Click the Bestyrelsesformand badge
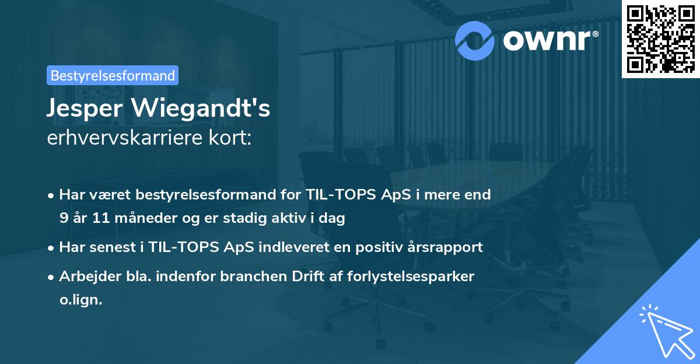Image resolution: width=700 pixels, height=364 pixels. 112,75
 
